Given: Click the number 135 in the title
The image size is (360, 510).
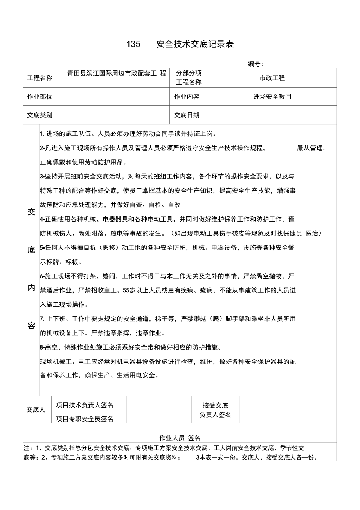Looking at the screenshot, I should [x=133, y=45].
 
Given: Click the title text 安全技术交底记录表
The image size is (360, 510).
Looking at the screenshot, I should [x=195, y=45].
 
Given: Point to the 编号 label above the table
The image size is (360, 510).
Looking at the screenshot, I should [x=255, y=64].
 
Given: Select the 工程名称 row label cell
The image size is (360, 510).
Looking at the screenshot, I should [x=40, y=78].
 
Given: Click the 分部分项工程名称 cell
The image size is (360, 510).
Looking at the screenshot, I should [x=189, y=78].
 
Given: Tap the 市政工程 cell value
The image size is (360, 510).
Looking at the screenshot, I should [x=272, y=78].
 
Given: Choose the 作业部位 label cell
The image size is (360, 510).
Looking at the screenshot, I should [x=40, y=97].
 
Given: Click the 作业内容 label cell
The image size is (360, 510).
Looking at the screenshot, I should [x=187, y=97].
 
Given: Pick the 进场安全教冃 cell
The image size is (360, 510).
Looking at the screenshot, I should [x=272, y=97].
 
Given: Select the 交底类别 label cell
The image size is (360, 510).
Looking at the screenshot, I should [x=40, y=115].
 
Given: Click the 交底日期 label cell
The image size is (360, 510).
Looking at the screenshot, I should [x=187, y=115].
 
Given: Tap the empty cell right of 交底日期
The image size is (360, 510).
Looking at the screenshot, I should [x=272, y=115].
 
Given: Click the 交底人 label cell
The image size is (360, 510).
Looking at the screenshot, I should [x=36, y=410].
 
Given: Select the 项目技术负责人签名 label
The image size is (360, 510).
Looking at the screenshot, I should [x=85, y=405].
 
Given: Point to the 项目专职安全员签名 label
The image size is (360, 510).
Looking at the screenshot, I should [x=85, y=419].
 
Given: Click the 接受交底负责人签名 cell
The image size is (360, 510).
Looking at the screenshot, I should [x=215, y=410].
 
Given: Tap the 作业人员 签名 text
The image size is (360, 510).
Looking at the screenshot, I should [x=180, y=438].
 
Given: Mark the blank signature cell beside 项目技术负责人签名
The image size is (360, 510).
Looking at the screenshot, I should [x=158, y=403].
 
